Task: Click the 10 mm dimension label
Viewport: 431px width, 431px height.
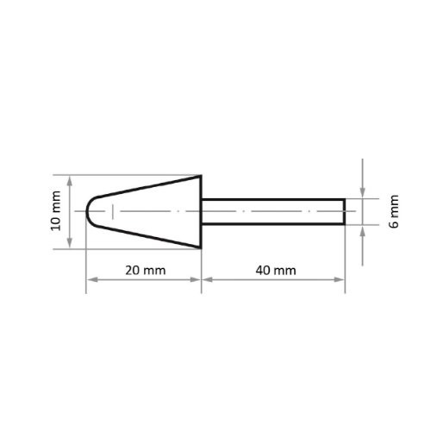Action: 57,211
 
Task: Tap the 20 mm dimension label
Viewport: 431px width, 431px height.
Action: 144,269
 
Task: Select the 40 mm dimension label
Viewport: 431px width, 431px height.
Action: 275,269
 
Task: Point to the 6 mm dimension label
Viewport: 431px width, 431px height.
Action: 394,211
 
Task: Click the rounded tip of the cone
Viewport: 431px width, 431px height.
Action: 90,211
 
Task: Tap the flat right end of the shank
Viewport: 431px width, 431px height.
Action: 345,211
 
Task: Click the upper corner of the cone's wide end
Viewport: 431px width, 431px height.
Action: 201,176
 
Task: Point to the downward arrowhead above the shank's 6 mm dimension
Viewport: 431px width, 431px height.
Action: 363,194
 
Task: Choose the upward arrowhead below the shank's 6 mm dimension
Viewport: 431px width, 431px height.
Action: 363,229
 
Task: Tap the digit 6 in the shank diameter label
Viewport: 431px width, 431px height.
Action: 394,224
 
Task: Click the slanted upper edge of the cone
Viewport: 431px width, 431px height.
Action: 147,188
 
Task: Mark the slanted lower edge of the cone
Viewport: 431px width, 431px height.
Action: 147,235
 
